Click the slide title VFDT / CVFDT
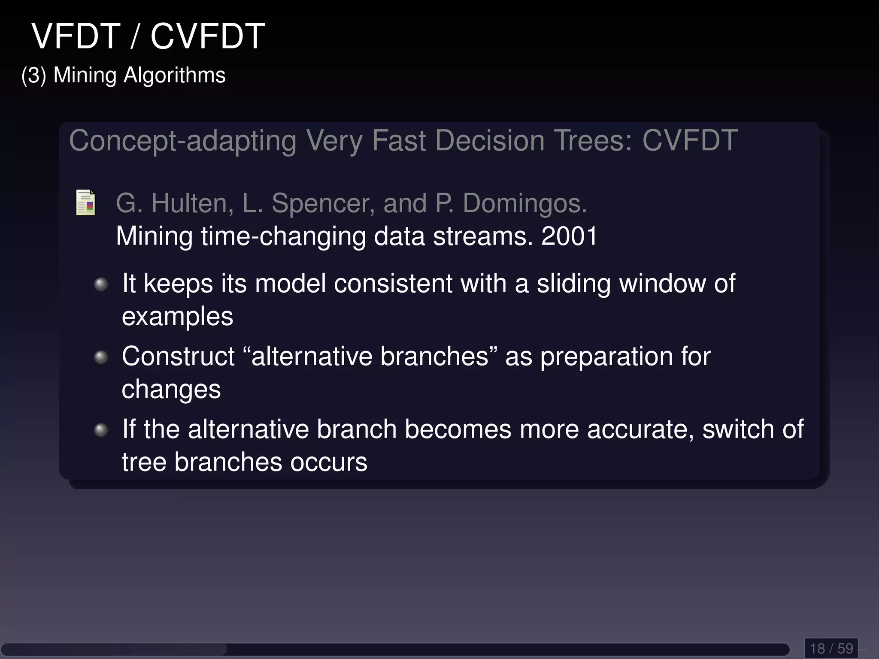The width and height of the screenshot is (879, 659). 149,36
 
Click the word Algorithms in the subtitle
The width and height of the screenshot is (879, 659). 174,76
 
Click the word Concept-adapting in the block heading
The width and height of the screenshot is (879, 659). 183,141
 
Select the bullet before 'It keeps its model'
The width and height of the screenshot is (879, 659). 101,284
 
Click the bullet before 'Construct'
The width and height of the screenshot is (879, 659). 101,357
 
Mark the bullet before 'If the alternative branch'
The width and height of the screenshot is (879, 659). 101,430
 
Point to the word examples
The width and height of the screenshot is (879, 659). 177,317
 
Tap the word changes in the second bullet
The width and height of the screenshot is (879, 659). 171,390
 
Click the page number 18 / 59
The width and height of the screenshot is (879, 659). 831,648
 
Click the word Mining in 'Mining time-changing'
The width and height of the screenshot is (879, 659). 155,236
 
